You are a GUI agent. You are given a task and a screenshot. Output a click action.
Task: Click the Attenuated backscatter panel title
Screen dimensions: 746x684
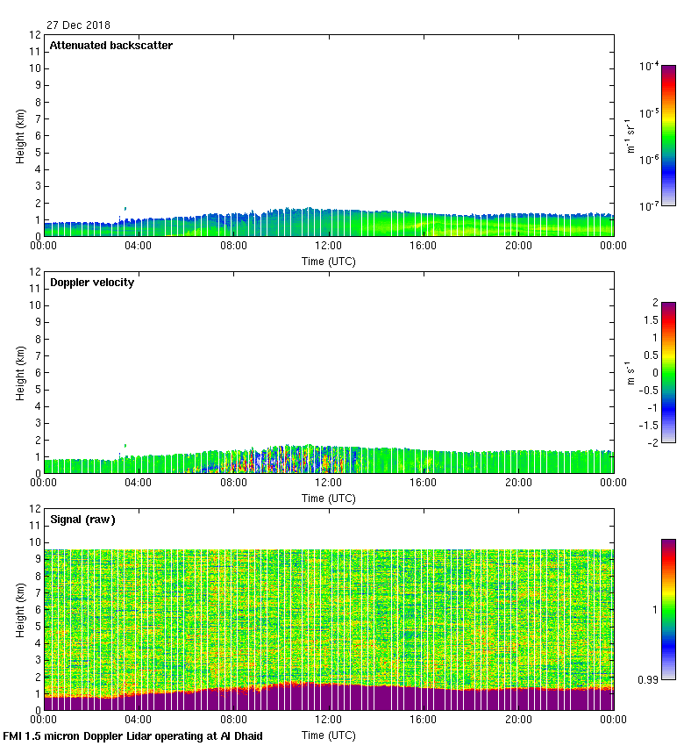pyautogui.click(x=110, y=46)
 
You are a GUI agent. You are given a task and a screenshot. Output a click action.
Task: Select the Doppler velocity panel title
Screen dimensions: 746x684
pyautogui.click(x=92, y=283)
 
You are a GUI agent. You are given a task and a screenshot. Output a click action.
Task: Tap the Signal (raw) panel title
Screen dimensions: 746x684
pyautogui.click(x=82, y=520)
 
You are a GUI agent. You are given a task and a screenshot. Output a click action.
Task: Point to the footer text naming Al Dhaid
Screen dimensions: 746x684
pyautogui.click(x=133, y=735)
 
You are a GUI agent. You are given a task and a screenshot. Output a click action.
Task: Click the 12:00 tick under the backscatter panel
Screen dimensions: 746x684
pyautogui.click(x=329, y=247)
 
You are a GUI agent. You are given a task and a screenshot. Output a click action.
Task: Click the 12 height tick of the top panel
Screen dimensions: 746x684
pyautogui.click(x=36, y=35)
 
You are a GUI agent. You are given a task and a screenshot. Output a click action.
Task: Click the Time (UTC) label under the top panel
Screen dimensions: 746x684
pyautogui.click(x=329, y=261)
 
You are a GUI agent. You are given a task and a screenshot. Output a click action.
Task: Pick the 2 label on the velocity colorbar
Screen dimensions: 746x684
pyautogui.click(x=654, y=303)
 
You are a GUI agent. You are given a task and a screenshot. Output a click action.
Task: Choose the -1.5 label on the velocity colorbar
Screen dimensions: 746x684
pyautogui.click(x=650, y=424)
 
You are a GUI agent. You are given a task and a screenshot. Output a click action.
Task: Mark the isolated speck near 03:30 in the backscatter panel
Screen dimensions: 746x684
pyautogui.click(x=125, y=208)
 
